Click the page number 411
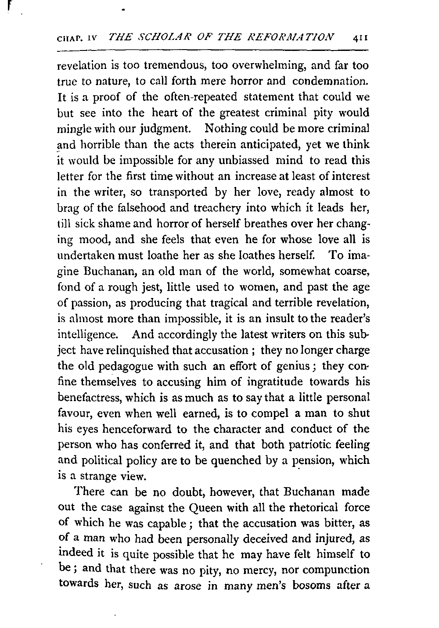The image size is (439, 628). coord(362,38)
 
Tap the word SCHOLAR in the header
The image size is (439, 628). coord(156,37)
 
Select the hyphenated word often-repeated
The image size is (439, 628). coord(205,97)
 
